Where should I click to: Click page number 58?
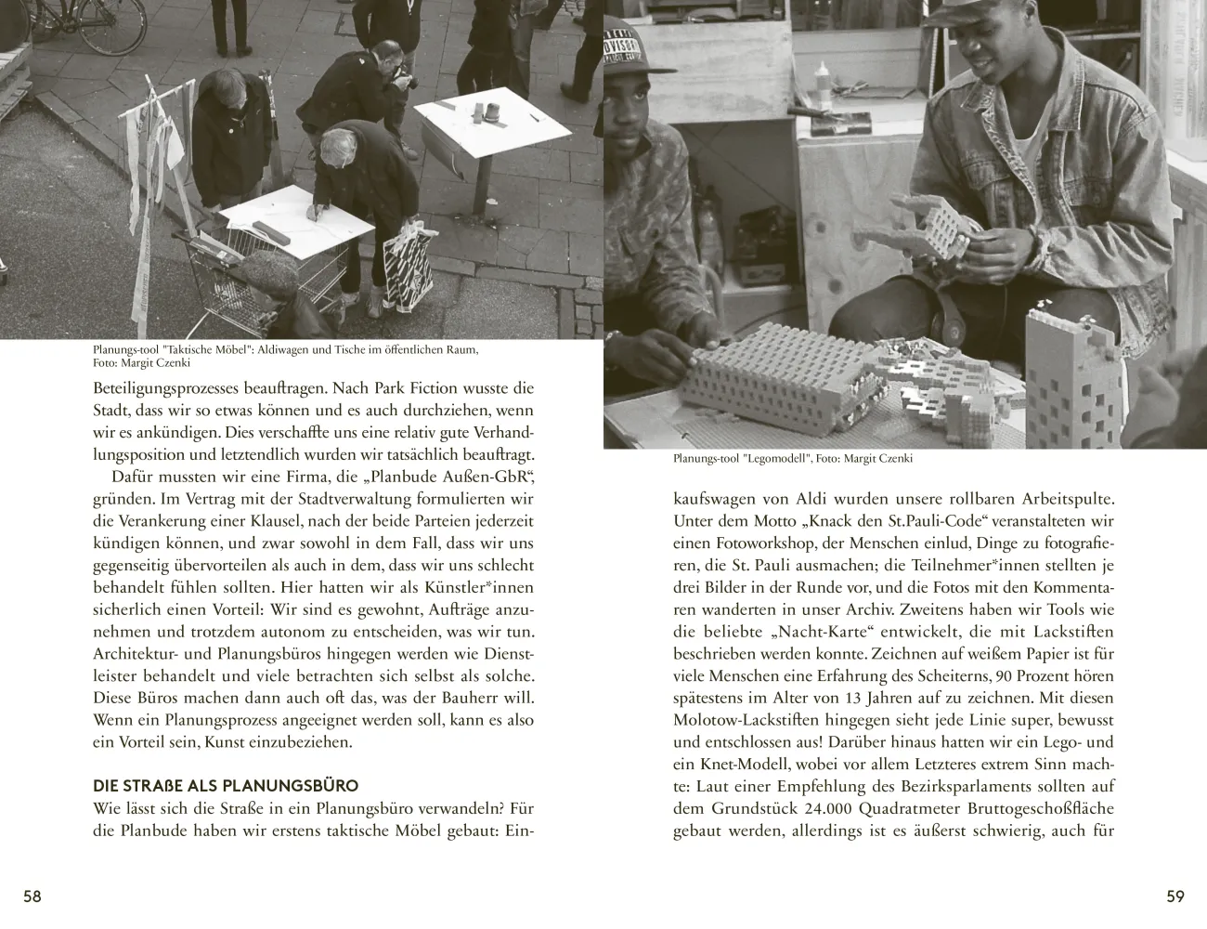click(32, 896)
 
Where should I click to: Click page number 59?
click(1175, 896)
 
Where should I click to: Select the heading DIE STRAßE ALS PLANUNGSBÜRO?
click(226, 786)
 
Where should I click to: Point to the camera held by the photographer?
click(405, 79)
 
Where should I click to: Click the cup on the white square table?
click(491, 111)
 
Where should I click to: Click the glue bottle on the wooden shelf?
click(824, 85)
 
